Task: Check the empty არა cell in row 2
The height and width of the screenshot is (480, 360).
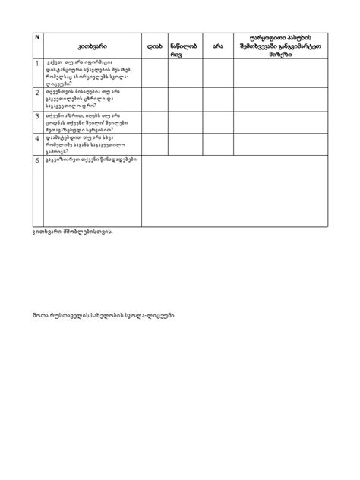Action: click(x=218, y=99)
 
